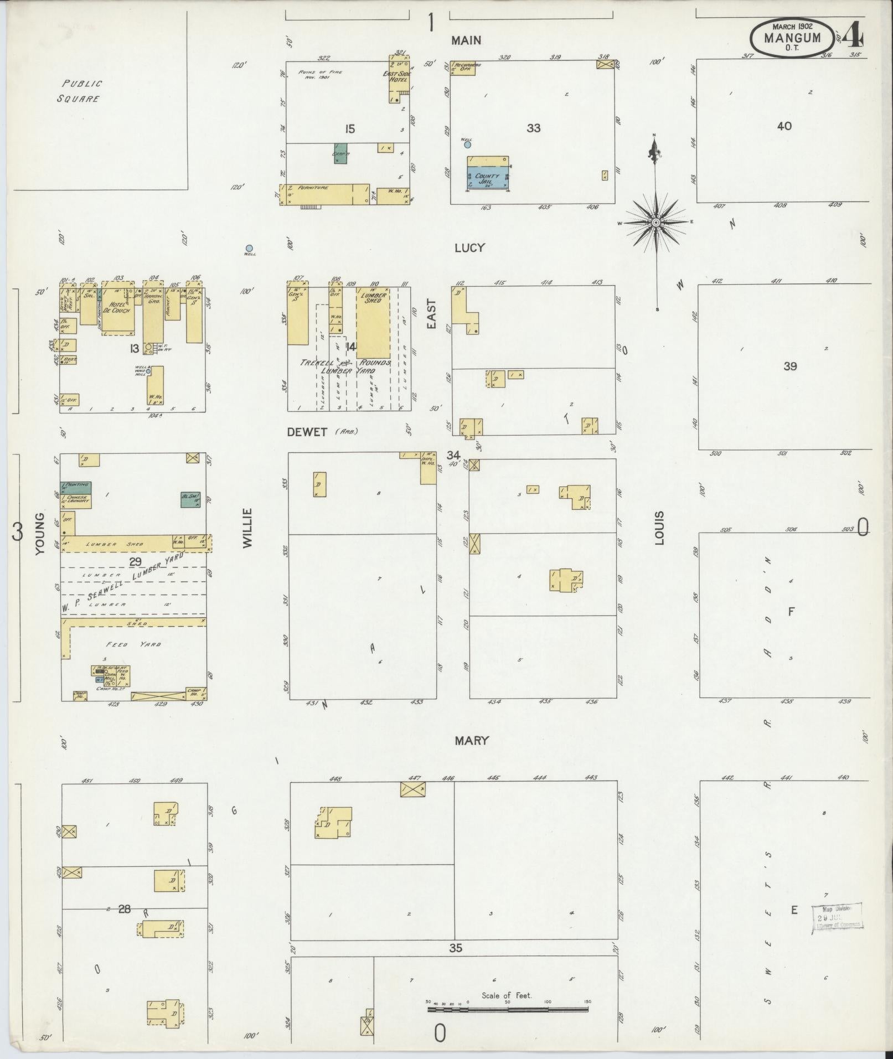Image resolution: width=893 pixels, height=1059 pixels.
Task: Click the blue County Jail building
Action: click(488, 178)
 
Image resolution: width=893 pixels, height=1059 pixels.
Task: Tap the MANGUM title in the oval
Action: click(792, 39)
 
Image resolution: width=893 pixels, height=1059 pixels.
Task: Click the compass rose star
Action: click(656, 223)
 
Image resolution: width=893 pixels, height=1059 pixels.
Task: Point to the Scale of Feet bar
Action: click(507, 1010)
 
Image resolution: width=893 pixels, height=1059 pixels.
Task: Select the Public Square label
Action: click(81, 91)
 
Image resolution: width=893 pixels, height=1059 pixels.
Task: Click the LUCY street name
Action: click(469, 248)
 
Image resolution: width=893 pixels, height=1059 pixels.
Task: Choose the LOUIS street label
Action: click(659, 528)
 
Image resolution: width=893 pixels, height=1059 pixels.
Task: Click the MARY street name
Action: click(472, 741)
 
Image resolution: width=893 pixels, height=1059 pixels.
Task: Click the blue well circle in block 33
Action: click(468, 144)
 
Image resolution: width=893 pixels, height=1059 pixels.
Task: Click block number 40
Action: click(784, 126)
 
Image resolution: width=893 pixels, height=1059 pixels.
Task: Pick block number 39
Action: click(790, 366)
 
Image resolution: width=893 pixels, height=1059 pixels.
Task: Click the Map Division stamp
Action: click(837, 919)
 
